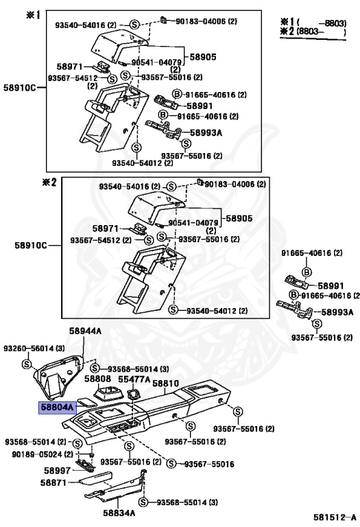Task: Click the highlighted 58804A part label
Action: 57,406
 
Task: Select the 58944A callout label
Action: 85,331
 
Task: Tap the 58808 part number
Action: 98,378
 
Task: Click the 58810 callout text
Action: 165,384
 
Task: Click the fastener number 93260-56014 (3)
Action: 36,349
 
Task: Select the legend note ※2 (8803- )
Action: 316,31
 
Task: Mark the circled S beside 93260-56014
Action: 26,363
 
